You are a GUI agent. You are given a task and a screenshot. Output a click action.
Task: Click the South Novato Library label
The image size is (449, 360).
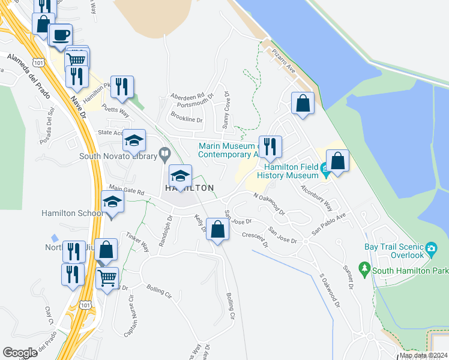(x=118, y=157)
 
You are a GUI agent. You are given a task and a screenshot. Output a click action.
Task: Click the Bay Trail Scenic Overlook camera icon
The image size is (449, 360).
(x=430, y=248)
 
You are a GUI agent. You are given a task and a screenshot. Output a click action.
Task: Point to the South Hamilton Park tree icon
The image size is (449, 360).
(x=363, y=267)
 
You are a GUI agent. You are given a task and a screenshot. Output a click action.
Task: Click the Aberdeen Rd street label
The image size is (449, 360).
(x=187, y=96)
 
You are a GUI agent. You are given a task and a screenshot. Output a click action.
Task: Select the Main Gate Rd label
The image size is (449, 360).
(x=126, y=191)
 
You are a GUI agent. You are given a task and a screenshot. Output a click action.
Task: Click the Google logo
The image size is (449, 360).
(x=20, y=353)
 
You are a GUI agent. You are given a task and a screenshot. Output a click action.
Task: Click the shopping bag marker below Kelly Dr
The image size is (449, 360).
(x=218, y=229)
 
